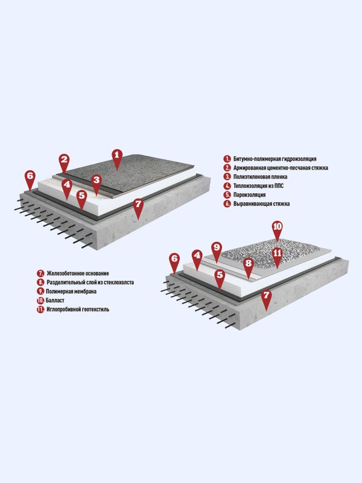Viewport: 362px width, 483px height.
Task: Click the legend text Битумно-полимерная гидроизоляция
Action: pos(275,159)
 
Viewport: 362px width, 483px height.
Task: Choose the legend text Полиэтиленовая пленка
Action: pos(260,177)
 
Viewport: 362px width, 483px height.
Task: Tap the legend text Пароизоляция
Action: pos(249,194)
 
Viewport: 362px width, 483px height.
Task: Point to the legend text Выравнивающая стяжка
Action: pos(261,203)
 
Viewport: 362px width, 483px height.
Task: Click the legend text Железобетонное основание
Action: pos(78,273)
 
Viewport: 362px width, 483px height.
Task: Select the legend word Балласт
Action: pos(55,300)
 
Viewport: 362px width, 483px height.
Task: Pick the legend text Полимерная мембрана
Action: pos(71,292)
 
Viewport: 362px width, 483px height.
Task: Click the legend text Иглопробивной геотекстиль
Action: pos(78,309)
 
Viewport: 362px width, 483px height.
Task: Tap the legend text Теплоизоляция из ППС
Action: pos(258,186)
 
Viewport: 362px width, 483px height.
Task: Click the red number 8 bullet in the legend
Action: pos(40,282)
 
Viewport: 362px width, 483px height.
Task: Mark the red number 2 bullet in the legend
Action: pos(227,168)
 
